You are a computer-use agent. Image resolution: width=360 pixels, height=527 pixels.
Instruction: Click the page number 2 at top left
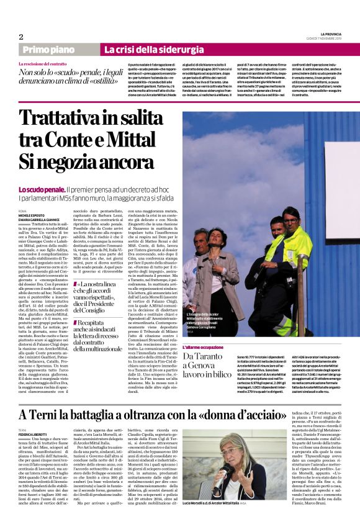point(20,37)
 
